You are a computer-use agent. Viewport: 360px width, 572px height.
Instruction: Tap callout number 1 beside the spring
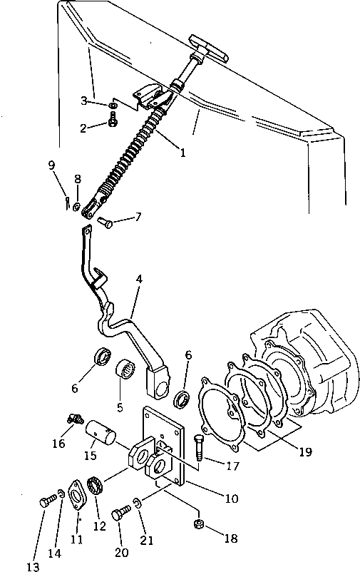[x=182, y=153]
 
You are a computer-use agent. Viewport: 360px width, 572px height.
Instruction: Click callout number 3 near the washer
[x=84, y=101]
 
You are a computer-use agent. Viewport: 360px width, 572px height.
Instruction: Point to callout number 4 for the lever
[x=138, y=280]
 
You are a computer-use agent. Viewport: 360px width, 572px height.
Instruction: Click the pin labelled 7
[x=106, y=222]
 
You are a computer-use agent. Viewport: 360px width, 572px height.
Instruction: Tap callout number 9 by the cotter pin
[x=52, y=165]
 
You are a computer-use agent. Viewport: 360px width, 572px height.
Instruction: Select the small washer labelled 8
[x=77, y=207]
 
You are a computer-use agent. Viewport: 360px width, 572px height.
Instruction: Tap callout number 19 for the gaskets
[x=306, y=452]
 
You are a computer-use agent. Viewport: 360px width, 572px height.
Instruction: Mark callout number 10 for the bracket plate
[x=231, y=499]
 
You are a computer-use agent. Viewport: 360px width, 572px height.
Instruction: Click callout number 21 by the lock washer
[x=147, y=541]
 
